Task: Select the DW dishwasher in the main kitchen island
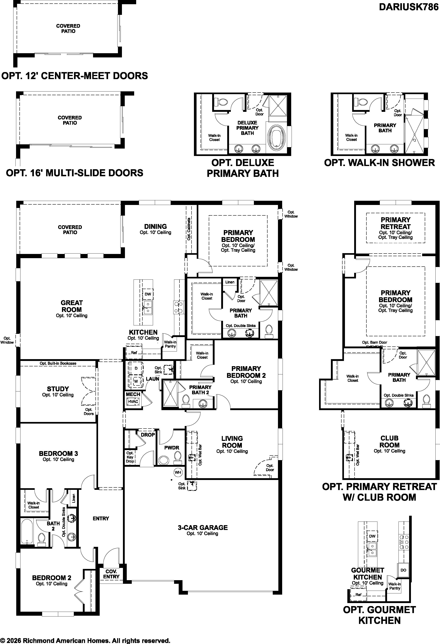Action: point(148,294)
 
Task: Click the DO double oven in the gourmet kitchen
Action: point(403,570)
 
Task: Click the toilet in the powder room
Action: point(177,458)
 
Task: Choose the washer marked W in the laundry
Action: point(136,381)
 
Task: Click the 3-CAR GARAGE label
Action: point(203,527)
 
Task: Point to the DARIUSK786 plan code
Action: point(409,7)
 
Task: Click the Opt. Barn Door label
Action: point(374,342)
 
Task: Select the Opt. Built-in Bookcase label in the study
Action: point(58,363)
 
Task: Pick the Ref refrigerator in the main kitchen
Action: point(134,353)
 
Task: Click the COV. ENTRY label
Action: point(111,574)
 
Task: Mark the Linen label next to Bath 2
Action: point(74,498)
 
